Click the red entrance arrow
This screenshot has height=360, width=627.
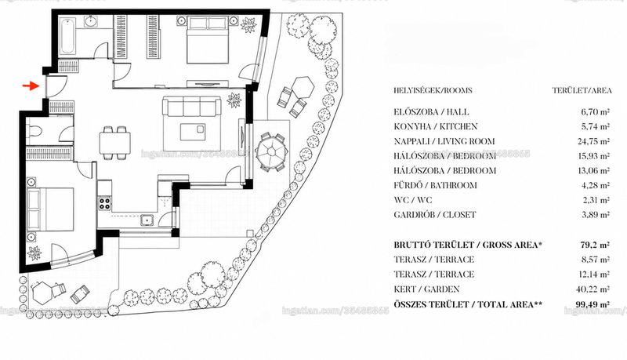click(31, 85)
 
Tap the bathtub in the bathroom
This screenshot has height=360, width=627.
click(67, 36)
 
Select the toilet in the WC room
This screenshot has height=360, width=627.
click(34, 131)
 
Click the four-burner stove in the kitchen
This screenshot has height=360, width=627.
click(105, 204)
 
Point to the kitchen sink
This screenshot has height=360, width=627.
click(147, 220)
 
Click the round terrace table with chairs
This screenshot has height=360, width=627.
click(272, 152)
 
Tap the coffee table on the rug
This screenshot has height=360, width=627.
click(193, 132)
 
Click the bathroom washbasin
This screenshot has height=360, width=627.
click(92, 21)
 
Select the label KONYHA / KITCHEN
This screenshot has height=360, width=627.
click(436, 126)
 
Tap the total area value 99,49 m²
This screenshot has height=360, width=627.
click(593, 304)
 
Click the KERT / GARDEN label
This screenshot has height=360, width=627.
click(426, 289)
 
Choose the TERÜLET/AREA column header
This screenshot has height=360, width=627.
click(582, 90)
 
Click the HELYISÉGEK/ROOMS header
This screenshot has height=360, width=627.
click(433, 90)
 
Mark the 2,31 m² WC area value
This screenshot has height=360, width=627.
click(596, 200)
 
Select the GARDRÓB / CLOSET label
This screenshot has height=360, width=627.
click(435, 215)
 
